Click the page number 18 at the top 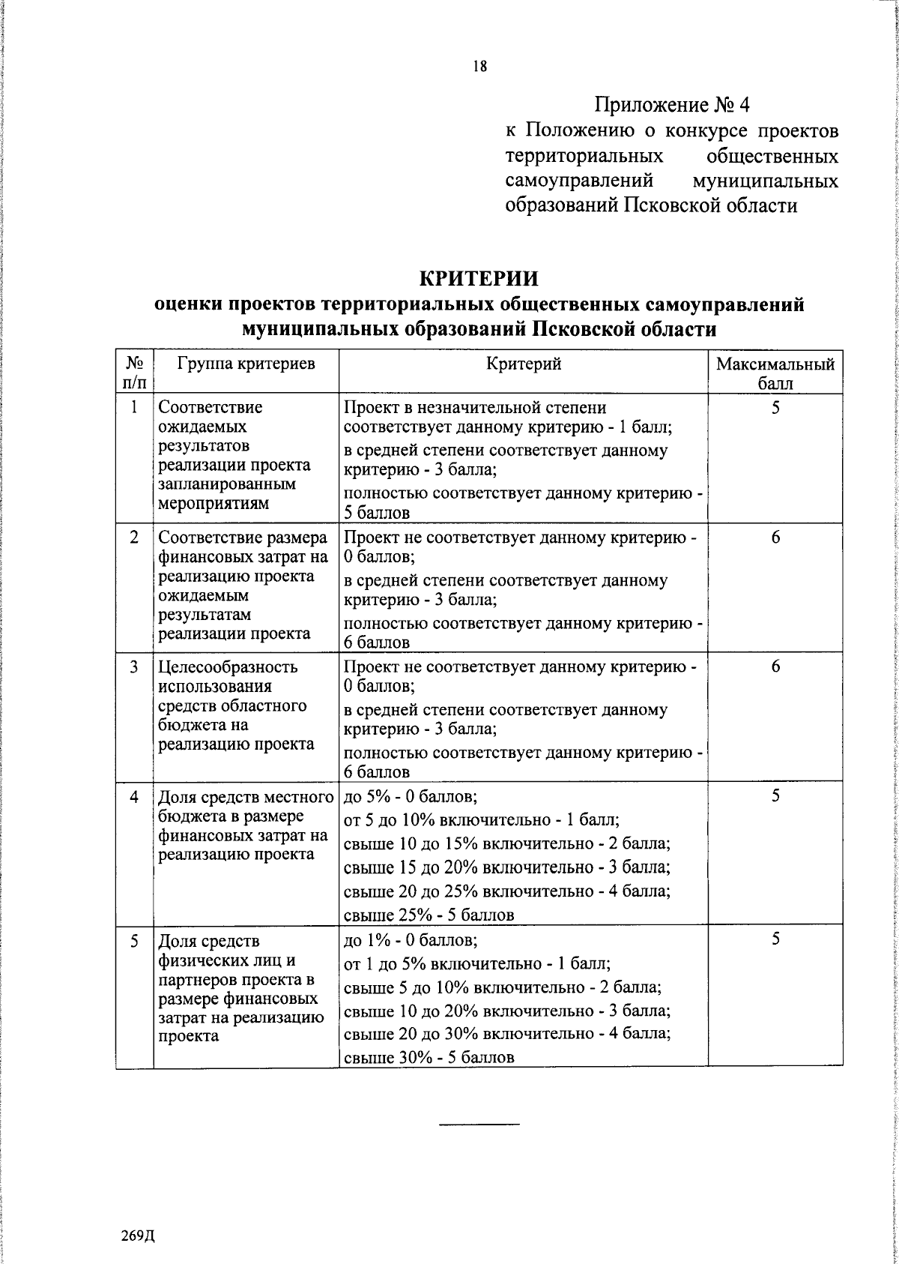[x=479, y=67]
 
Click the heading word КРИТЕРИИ [x=479, y=279]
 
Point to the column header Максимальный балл [x=775, y=373]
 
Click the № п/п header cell [x=134, y=373]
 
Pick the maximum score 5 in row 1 [x=775, y=408]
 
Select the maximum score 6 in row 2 [x=775, y=538]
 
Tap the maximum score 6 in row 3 [x=775, y=666]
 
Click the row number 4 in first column [x=134, y=797]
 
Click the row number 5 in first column [x=134, y=940]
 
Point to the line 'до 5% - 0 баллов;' [x=411, y=797]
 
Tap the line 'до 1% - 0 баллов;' [x=411, y=940]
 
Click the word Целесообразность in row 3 [x=228, y=666]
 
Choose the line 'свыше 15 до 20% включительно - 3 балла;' [x=506, y=867]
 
